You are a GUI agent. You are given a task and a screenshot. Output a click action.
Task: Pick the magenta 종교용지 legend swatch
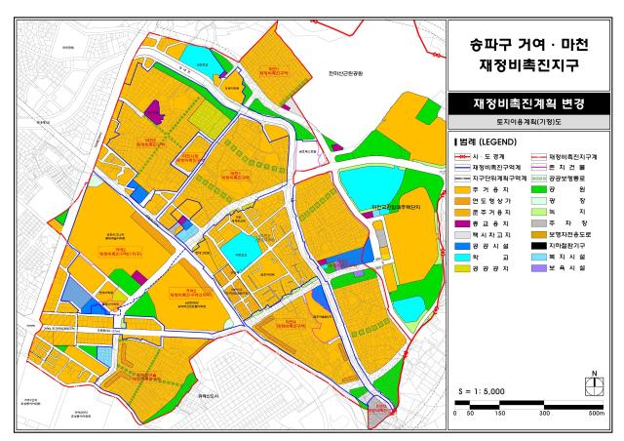pos(462,224)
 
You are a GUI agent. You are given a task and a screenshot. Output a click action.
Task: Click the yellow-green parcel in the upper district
pos(207,121)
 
